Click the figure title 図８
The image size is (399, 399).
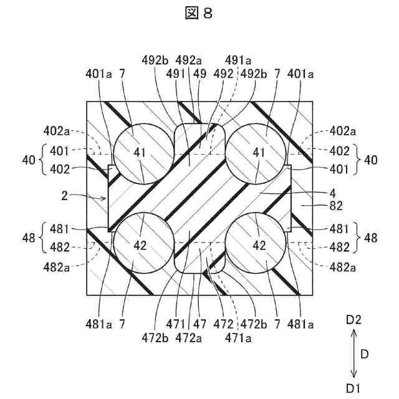coord(199,13)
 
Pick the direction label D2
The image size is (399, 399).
coord(353,320)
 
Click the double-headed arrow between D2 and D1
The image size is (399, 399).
coord(353,354)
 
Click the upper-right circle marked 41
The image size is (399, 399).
coord(256,153)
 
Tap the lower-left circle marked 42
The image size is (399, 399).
coord(142,244)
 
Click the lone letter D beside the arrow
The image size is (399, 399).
coord(366,354)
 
